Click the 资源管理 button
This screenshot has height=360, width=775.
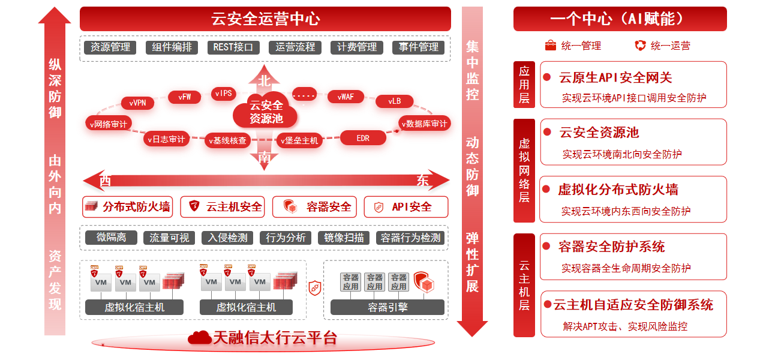tap(110, 47)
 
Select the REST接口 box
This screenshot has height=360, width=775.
tap(233, 47)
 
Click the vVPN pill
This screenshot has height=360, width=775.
tap(137, 103)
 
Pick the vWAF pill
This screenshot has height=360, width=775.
tap(346, 97)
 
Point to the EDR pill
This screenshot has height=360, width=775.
tap(363, 139)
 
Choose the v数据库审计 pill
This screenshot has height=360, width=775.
tap(423, 124)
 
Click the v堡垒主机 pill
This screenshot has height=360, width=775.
tap(299, 140)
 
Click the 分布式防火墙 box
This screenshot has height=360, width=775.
tap(127, 207)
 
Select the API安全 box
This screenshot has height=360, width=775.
tap(405, 207)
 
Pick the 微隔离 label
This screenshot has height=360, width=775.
tap(111, 238)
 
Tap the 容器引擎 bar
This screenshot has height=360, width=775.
tap(387, 307)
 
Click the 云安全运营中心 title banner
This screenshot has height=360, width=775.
tap(265, 19)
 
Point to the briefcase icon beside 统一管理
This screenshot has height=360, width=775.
tap(550, 46)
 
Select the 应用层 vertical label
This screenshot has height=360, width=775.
tap(524, 85)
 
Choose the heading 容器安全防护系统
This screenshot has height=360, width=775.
tap(611, 247)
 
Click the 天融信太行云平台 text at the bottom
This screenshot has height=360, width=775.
tap(275, 338)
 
